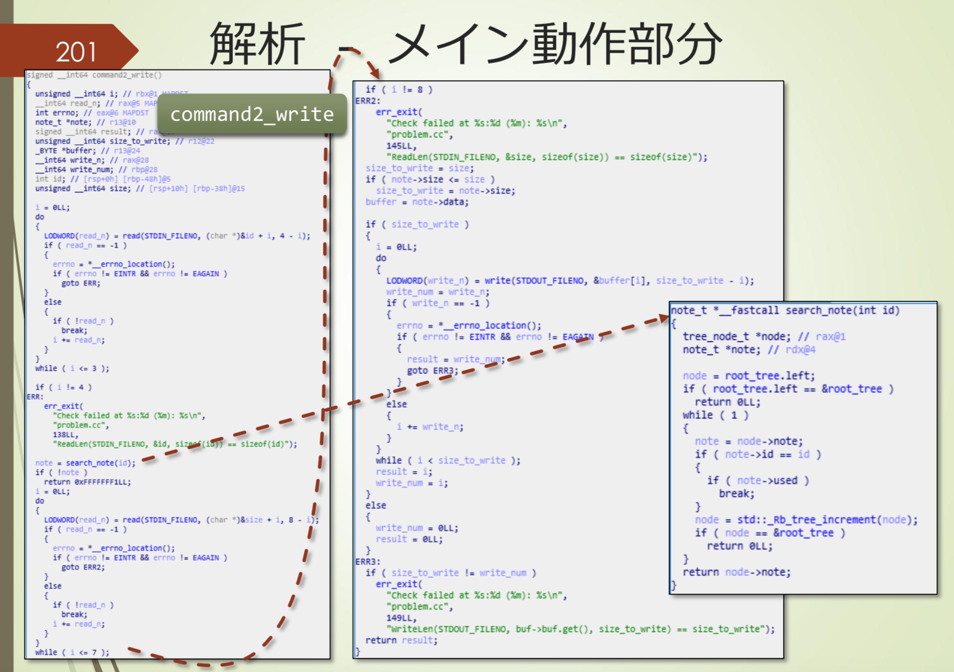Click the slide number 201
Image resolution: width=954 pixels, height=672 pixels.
point(75,51)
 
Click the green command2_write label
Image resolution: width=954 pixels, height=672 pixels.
point(252,114)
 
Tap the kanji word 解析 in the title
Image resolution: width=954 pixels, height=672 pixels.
point(257,43)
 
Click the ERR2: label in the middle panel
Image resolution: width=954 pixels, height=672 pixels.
point(367,101)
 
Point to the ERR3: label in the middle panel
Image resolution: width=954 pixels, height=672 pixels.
point(367,561)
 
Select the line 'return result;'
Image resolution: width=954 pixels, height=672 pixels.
point(401,640)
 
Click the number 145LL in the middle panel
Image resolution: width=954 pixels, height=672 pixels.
point(401,146)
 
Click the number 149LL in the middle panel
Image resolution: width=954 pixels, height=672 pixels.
point(401,618)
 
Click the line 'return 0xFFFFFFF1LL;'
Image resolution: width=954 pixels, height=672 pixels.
point(87,482)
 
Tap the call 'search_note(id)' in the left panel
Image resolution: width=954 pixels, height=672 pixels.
point(100,463)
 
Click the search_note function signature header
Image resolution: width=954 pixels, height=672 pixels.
point(785,310)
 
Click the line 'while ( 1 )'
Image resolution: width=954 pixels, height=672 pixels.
point(715,415)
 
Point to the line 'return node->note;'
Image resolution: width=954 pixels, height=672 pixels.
point(736,572)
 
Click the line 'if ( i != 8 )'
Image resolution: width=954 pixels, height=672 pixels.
point(398,89)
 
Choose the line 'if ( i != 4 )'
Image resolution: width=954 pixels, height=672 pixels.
point(63,387)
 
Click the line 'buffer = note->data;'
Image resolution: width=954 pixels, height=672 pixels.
point(416,202)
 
